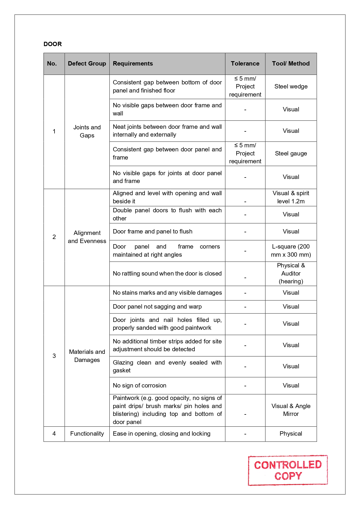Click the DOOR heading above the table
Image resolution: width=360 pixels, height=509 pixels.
click(x=53, y=44)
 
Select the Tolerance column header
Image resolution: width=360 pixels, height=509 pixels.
click(x=245, y=64)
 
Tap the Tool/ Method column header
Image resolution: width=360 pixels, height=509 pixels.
click(x=291, y=64)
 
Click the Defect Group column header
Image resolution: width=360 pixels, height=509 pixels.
click(x=87, y=64)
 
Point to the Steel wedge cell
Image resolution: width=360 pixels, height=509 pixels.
click(x=291, y=86)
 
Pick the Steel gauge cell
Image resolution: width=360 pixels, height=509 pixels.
click(x=291, y=153)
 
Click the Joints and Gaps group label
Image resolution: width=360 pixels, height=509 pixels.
click(x=87, y=131)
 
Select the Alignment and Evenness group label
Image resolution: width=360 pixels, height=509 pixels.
click(x=87, y=237)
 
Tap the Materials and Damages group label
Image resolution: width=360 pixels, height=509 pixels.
click(x=87, y=356)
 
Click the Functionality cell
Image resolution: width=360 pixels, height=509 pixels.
click(x=87, y=434)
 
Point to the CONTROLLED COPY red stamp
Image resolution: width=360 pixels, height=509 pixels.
click(x=288, y=470)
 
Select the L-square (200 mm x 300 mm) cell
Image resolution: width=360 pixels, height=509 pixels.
click(x=291, y=251)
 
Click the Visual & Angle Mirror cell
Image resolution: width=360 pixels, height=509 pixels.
click(x=291, y=410)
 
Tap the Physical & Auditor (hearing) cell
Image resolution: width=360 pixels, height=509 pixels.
click(x=291, y=273)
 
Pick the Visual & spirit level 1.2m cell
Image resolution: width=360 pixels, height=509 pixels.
click(x=291, y=197)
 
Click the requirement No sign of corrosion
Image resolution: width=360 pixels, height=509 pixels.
click(x=140, y=385)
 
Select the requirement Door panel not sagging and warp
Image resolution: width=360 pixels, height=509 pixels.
click(x=157, y=307)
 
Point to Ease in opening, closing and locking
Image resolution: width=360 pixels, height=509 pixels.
click(x=162, y=434)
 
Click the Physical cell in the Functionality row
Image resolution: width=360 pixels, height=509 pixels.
click(x=291, y=434)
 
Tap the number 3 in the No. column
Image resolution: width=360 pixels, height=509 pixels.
click(x=54, y=356)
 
